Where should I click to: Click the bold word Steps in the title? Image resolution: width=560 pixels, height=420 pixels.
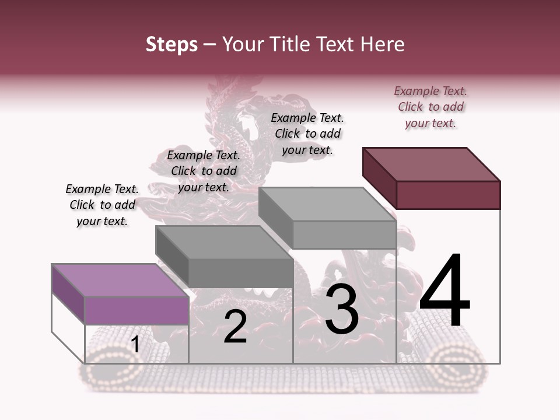(171, 44)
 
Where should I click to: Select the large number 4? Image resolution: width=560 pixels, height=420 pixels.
(444, 292)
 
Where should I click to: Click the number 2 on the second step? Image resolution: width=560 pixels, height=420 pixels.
(235, 327)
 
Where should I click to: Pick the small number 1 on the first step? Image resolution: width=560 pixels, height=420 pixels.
(135, 345)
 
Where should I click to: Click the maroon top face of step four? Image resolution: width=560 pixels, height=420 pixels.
(432, 164)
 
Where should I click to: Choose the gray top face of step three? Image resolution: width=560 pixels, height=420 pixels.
(327, 204)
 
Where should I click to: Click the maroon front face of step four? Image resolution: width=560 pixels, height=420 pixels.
(448, 195)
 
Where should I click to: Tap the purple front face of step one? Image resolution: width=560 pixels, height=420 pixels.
(136, 310)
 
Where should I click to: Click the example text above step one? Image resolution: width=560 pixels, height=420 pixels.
(102, 205)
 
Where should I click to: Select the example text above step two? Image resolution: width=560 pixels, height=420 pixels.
(204, 171)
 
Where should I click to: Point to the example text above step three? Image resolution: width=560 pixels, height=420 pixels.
(307, 134)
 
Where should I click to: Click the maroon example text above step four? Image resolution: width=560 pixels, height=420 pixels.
(430, 107)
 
